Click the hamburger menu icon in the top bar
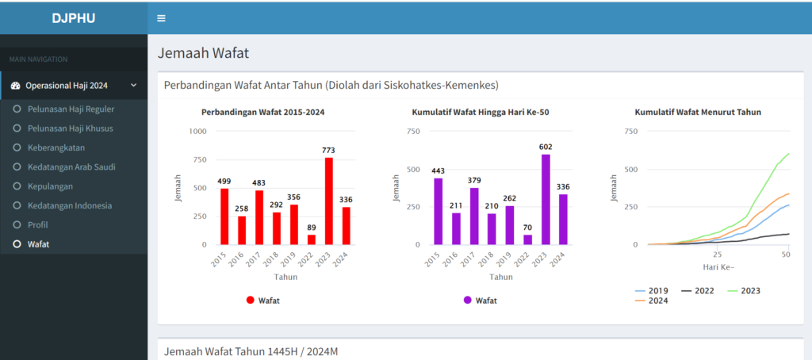[x=161, y=18]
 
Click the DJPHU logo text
[x=74, y=17]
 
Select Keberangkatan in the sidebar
[x=55, y=147]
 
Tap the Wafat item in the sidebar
[x=37, y=244]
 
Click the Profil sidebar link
[x=36, y=225]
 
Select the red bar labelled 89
[x=311, y=239]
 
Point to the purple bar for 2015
[x=439, y=211]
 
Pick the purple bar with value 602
[x=545, y=199]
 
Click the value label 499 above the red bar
[x=224, y=182]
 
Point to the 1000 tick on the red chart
[x=197, y=131]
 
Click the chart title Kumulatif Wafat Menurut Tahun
[x=698, y=113]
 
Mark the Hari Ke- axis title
[x=718, y=266]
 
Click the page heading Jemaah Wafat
[x=204, y=54]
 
